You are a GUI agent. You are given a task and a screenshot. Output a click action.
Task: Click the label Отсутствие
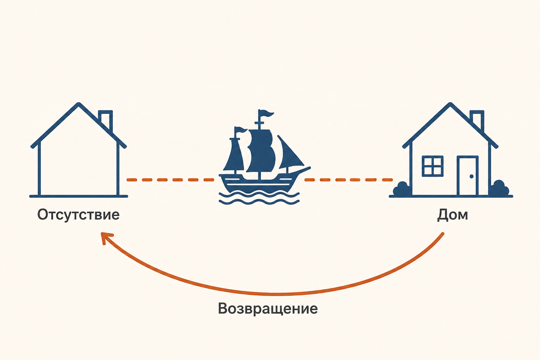coord(78,214)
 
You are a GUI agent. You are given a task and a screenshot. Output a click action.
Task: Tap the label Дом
coord(452,215)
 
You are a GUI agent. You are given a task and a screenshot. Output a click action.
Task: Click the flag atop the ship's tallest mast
coord(266,114)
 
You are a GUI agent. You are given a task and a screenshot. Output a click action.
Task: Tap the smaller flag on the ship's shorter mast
coord(242,129)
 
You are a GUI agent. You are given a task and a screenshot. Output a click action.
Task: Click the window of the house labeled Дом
coord(432,166)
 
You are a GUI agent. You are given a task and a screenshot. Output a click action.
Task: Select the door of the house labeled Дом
coord(468,176)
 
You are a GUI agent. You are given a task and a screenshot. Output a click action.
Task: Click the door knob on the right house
coord(471,176)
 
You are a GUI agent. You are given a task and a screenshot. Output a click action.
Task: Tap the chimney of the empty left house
coord(106,121)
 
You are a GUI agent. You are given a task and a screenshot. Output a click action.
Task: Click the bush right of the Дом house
coord(500,188)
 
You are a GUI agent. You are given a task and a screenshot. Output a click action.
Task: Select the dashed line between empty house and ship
coord(170,180)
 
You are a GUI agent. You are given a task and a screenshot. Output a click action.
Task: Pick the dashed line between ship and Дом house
coord(349,180)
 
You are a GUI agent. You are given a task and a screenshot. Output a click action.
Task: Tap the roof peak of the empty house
coord(79,104)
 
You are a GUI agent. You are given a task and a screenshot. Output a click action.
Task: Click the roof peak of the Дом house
coord(450,104)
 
